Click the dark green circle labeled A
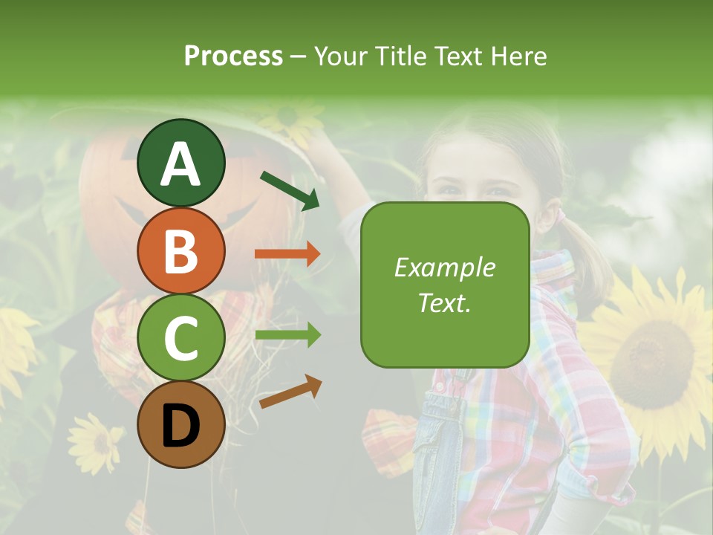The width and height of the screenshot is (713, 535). click(x=180, y=163)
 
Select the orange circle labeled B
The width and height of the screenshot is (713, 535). click(x=180, y=250)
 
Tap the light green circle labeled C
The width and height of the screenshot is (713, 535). click(x=180, y=337)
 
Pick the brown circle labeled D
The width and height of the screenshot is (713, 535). click(x=180, y=424)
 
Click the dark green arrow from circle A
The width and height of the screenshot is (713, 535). click(x=290, y=190)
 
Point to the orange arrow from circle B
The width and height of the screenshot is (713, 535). click(x=287, y=254)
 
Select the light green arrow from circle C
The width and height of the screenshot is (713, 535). click(x=287, y=335)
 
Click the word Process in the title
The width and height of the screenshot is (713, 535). click(x=233, y=56)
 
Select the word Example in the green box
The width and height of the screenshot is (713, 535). click(x=444, y=267)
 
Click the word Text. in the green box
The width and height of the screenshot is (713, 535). click(x=444, y=302)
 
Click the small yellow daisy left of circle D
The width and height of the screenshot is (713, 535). click(x=95, y=442)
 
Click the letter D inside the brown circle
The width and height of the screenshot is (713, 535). click(x=180, y=426)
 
